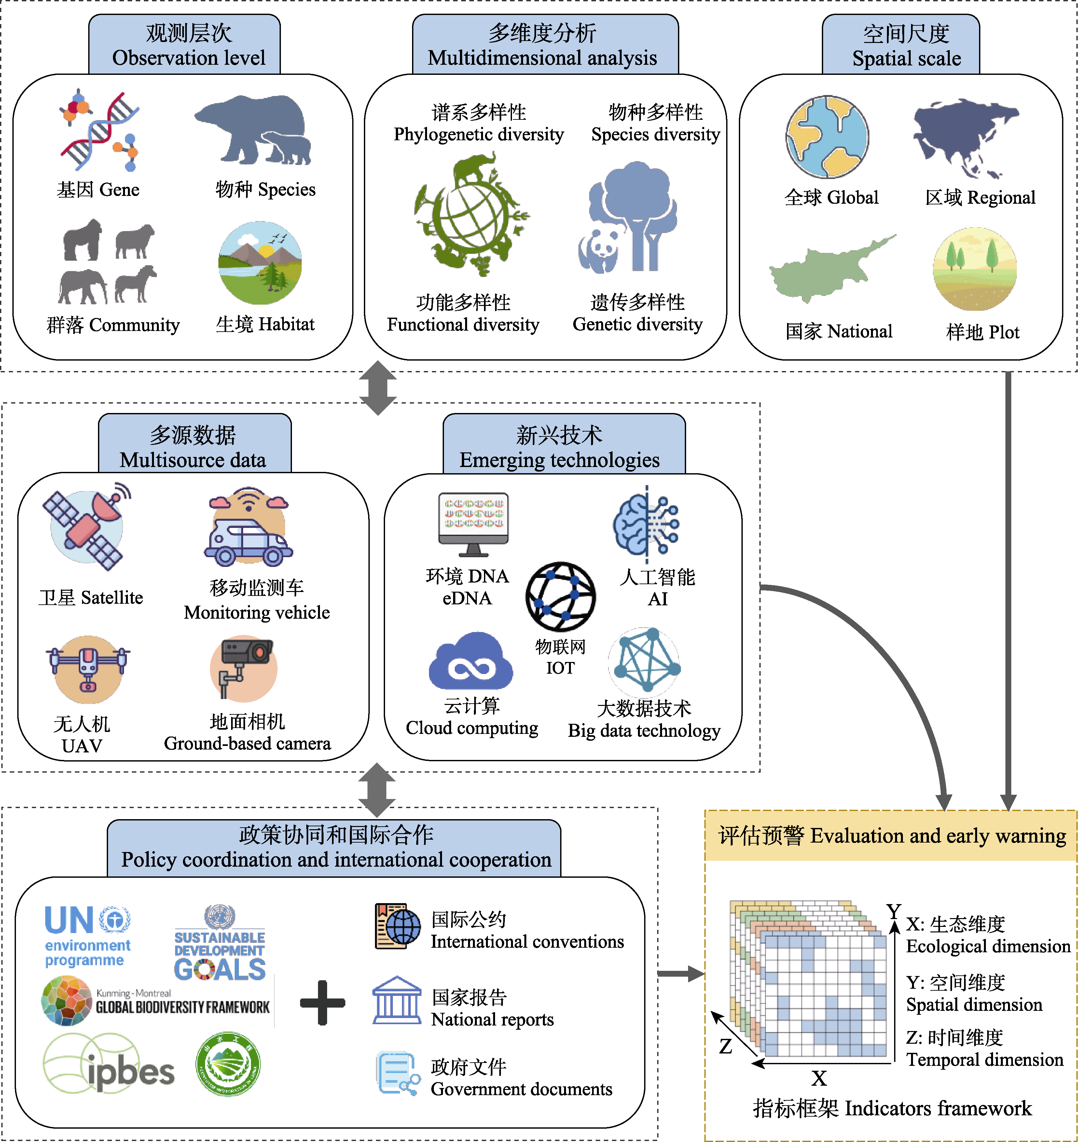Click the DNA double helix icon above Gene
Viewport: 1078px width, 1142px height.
pos(99,131)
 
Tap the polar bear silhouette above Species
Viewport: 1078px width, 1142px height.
pos(253,129)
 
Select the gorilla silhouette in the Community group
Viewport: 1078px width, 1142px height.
pos(82,240)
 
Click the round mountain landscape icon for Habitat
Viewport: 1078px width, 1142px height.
pos(260,263)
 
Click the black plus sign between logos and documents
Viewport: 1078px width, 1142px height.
pos(322,1002)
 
